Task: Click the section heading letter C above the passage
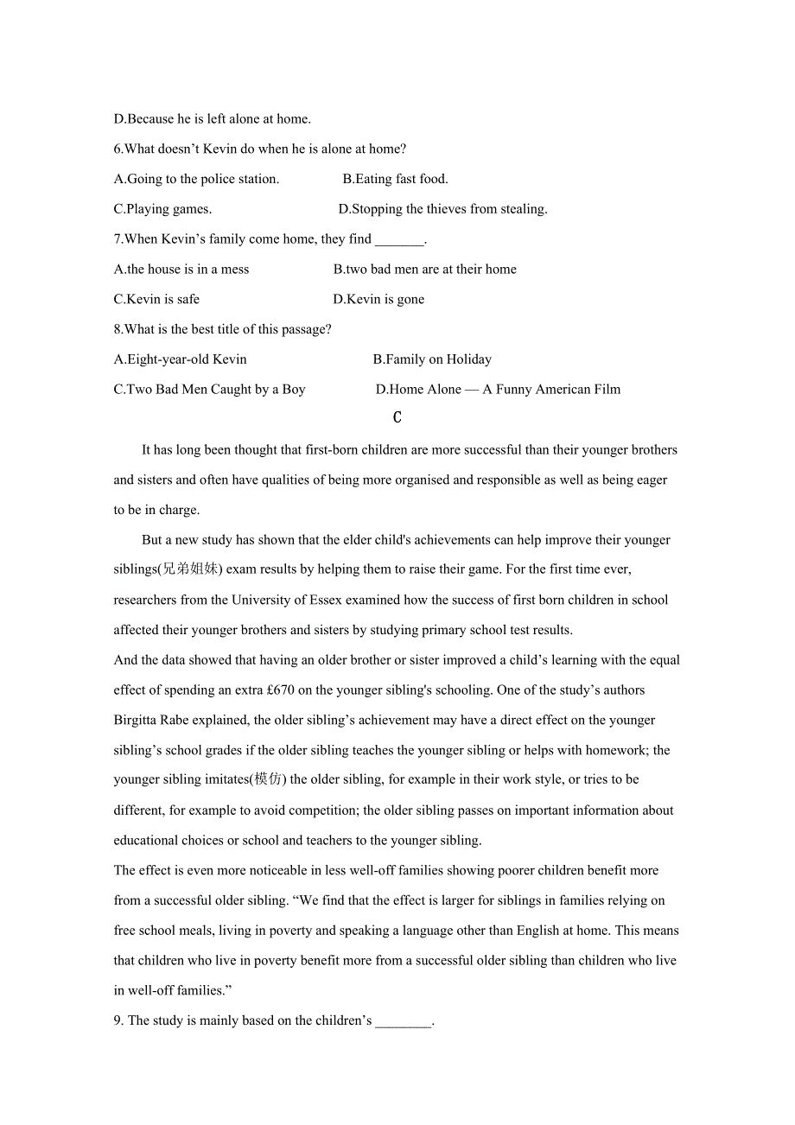point(397,418)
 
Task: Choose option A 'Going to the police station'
point(196,180)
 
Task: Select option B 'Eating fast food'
point(395,180)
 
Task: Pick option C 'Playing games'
point(162,209)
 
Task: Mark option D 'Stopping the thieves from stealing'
point(442,209)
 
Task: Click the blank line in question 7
point(399,240)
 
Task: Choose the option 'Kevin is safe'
point(156,300)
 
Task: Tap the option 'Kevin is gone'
point(378,300)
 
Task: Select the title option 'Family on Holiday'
point(432,359)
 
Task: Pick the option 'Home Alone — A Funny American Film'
point(498,390)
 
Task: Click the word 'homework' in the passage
point(617,751)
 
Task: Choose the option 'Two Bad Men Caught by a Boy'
point(209,390)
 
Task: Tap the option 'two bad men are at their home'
point(425,270)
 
